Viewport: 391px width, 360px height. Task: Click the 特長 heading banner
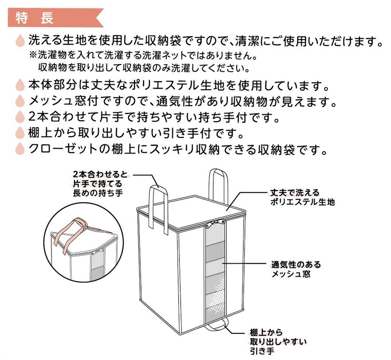tap(55, 17)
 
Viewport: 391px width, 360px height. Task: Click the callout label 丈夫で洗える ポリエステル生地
tap(302, 197)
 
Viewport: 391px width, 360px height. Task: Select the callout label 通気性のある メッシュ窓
tap(296, 269)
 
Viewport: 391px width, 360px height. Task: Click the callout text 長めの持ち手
tap(98, 193)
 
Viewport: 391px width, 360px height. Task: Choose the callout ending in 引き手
tap(278, 342)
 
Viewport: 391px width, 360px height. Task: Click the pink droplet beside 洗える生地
tap(20, 41)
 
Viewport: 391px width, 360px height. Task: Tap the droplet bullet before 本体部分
tap(20, 85)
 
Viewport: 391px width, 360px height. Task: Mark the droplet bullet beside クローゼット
tap(20, 149)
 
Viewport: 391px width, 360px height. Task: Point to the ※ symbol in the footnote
tap(33, 55)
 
